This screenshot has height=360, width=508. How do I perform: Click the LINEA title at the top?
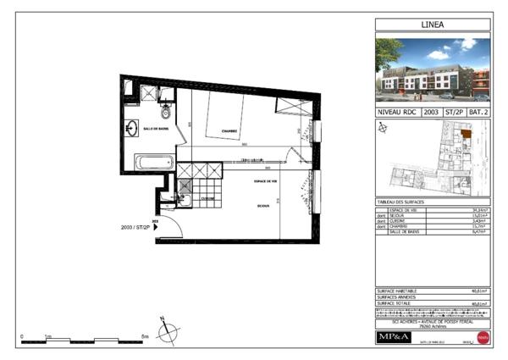[433, 25]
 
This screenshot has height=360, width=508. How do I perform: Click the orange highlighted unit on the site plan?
[465, 137]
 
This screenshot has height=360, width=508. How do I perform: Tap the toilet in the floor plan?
[166, 111]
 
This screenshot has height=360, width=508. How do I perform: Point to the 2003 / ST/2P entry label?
[135, 228]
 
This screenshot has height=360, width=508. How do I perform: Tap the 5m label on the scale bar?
[146, 336]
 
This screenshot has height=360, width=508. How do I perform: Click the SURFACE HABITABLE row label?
[397, 291]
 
